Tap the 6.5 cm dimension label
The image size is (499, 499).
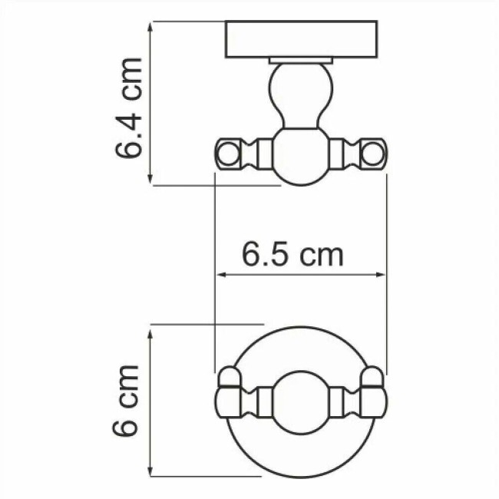click(292, 254)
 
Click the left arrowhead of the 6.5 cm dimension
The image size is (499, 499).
click(221, 274)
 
